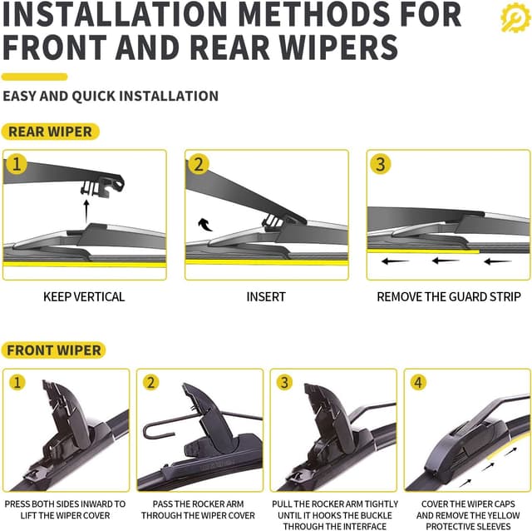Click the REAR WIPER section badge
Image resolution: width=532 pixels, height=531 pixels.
[x=50, y=132]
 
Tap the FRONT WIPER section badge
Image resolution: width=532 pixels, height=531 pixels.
[x=54, y=350]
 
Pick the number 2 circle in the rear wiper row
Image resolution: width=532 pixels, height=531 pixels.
[x=198, y=164]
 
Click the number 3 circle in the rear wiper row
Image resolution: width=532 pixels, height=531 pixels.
[x=380, y=164]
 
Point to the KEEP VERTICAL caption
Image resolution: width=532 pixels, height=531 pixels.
[x=84, y=296]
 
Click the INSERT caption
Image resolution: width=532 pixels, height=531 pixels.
[x=266, y=296]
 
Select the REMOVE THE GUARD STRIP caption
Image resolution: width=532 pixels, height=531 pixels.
[x=449, y=296]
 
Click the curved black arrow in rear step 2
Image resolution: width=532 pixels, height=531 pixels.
[x=204, y=223]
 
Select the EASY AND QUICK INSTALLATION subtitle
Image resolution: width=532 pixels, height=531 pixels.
[x=111, y=96]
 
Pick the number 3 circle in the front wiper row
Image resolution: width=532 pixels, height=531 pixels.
[x=284, y=383]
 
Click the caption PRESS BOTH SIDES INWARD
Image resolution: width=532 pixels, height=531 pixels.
[x=66, y=504]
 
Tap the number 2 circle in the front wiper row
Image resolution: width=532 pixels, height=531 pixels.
[x=150, y=383]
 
